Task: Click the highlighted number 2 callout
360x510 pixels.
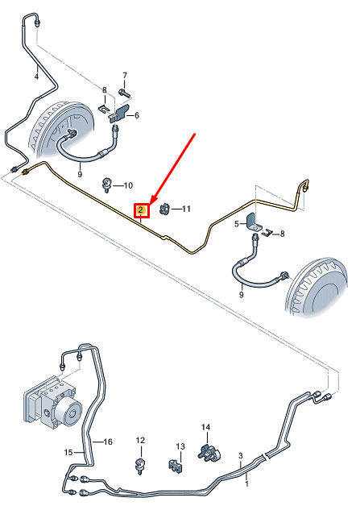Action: coord(142,210)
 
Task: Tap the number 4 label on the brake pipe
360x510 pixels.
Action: coord(36,77)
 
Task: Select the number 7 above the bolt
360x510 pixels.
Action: coord(125,76)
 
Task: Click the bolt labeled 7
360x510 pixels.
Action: coord(124,93)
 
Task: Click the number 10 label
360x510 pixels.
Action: coord(128,185)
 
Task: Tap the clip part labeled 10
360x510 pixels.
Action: coord(106,185)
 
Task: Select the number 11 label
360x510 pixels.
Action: coord(186,209)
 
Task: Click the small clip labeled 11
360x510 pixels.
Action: coord(165,209)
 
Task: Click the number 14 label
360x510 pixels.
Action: coord(206,427)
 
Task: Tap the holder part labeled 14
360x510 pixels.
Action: coord(209,452)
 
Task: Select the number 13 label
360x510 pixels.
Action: coord(180,446)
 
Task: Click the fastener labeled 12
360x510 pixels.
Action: coord(140,465)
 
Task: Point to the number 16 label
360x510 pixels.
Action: coord(108,442)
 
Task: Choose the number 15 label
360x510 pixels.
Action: coord(68,452)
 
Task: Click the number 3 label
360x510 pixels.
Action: coord(240,456)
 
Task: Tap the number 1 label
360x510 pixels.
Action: coord(246,483)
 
